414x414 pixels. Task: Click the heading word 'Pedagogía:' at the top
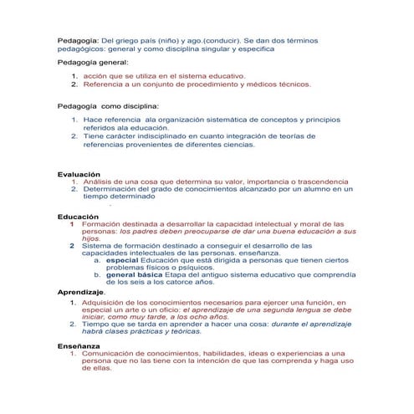(x=77, y=39)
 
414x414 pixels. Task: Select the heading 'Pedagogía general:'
(x=93, y=63)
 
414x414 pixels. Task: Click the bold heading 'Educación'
(x=77, y=217)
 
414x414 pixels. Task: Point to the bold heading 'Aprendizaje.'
(x=82, y=290)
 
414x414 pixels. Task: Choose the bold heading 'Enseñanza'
(x=79, y=345)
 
